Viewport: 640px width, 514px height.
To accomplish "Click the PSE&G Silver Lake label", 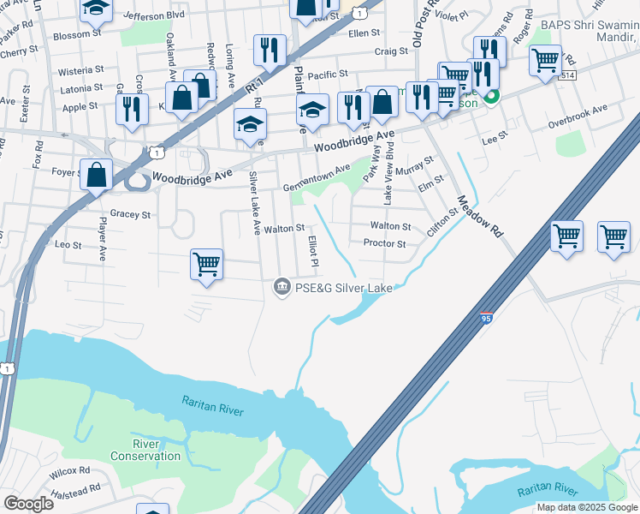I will [344, 288].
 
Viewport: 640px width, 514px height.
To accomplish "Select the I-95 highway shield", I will [486, 317].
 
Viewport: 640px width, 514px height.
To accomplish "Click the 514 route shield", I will [568, 76].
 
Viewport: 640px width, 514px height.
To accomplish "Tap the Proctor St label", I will [383, 243].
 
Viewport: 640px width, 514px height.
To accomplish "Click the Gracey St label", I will [130, 214].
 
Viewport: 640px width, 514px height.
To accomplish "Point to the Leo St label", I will [68, 245].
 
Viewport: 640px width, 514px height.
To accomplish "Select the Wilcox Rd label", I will [69, 471].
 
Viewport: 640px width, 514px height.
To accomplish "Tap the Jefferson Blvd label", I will [154, 15].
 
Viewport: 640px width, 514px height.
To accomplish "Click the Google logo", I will [29, 504].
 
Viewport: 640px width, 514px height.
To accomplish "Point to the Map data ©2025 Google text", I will [587, 507].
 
